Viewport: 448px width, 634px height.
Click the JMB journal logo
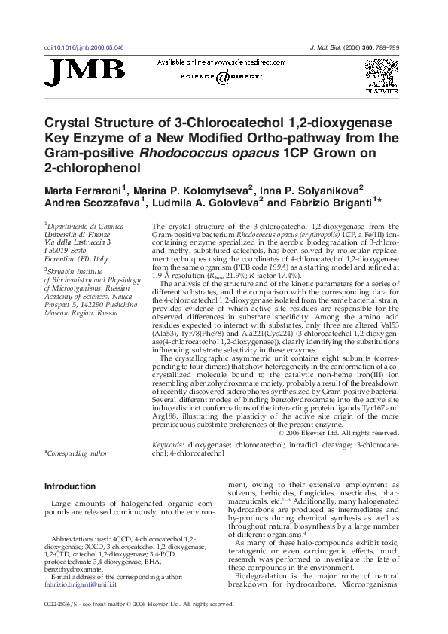pyautogui.click(x=85, y=72)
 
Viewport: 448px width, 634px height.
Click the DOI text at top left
pyautogui.click(x=84, y=47)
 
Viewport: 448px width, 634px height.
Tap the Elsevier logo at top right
pyautogui.click(x=382, y=75)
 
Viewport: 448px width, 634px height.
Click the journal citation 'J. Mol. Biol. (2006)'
pyautogui.click(x=341, y=47)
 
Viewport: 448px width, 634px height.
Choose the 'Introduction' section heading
pyautogui.click(x=70, y=486)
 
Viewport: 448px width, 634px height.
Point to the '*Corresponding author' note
pyautogui.click(x=76, y=453)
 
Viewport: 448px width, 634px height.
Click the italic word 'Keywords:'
pyautogui.click(x=168, y=445)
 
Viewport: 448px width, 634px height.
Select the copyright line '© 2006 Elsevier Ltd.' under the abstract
pyautogui.click(x=338, y=433)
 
